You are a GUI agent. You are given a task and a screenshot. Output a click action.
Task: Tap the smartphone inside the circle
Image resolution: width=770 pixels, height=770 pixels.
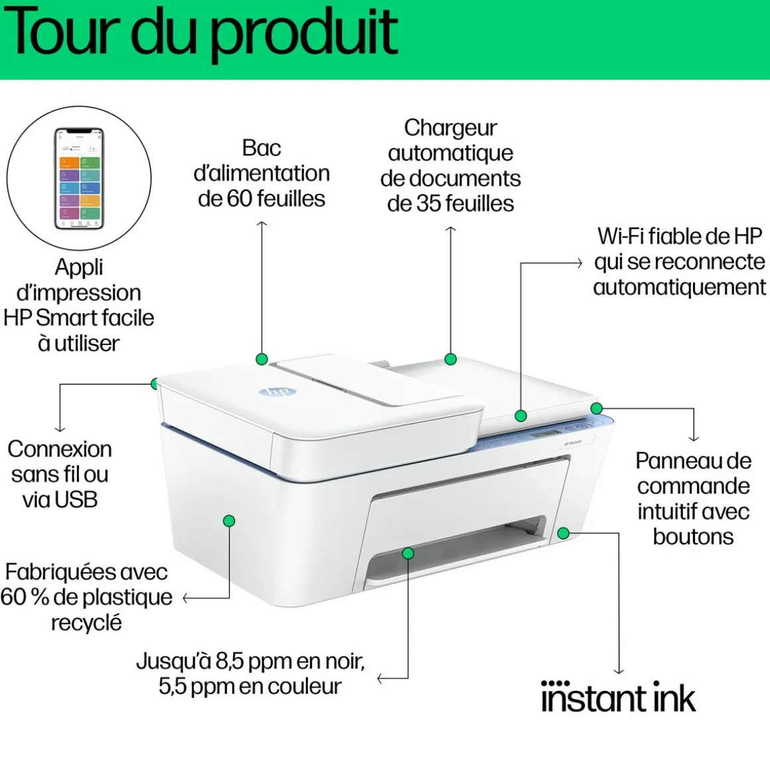(x=79, y=178)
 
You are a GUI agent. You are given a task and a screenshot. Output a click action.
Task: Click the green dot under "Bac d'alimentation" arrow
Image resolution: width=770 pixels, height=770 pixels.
(x=262, y=359)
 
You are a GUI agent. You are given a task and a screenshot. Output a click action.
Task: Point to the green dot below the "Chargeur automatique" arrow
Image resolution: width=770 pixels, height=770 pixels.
(x=451, y=359)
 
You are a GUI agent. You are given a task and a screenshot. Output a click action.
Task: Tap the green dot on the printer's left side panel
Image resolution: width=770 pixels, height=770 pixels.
(x=229, y=521)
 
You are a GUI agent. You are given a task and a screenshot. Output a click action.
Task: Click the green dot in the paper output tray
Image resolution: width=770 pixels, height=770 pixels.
(x=408, y=553)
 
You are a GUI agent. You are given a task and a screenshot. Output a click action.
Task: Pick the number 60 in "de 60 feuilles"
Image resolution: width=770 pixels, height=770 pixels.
(x=240, y=198)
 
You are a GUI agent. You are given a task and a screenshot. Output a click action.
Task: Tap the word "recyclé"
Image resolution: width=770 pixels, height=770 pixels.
(x=86, y=623)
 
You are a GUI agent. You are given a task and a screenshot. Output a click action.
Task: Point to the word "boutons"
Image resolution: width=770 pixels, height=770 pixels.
(x=693, y=536)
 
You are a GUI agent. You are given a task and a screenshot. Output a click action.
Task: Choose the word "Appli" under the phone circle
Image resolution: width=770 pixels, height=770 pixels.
(x=79, y=267)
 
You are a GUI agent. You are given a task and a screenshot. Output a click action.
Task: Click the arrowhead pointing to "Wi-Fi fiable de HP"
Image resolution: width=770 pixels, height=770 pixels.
(x=579, y=263)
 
